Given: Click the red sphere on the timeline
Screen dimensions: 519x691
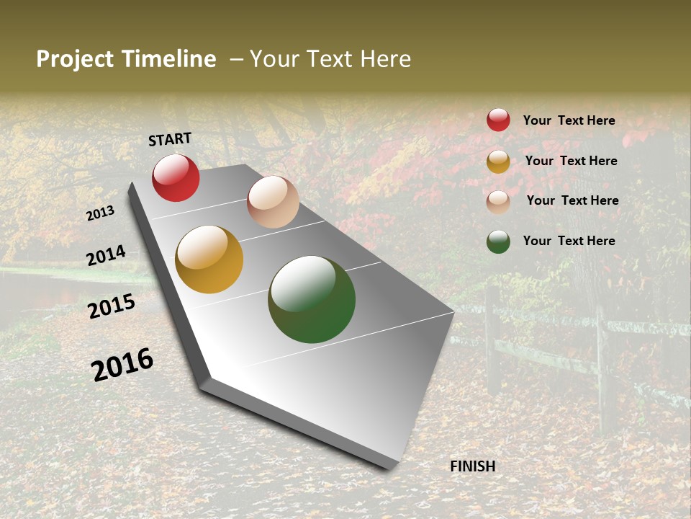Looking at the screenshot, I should click(x=176, y=177).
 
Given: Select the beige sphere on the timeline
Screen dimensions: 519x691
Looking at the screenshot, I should click(x=273, y=202).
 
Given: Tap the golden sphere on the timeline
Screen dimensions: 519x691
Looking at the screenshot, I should click(x=209, y=259).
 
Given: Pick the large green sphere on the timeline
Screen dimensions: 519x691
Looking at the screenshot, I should click(x=312, y=299).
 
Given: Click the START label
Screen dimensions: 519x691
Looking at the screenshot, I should click(x=170, y=139).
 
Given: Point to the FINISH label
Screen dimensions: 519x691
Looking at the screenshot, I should click(x=472, y=466).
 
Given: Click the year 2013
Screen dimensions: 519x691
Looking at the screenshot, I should click(x=101, y=213).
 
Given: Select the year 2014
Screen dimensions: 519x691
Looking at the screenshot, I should click(x=107, y=256).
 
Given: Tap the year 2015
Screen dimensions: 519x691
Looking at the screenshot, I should click(x=112, y=306).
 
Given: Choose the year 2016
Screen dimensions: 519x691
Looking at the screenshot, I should click(x=122, y=365).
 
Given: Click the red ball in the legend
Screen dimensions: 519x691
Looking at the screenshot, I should click(x=498, y=120).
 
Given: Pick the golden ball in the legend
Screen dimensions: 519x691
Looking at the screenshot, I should click(x=498, y=161).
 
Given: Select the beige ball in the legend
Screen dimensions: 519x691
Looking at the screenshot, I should click(x=498, y=201).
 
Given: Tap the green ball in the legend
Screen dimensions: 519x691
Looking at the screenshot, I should click(x=498, y=241).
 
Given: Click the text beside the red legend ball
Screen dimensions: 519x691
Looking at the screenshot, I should click(x=569, y=120).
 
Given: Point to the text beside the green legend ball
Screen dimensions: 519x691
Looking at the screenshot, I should click(x=569, y=241).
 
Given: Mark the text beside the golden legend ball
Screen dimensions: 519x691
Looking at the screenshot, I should click(x=571, y=161).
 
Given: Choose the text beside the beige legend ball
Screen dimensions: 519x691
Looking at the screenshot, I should click(x=572, y=200).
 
